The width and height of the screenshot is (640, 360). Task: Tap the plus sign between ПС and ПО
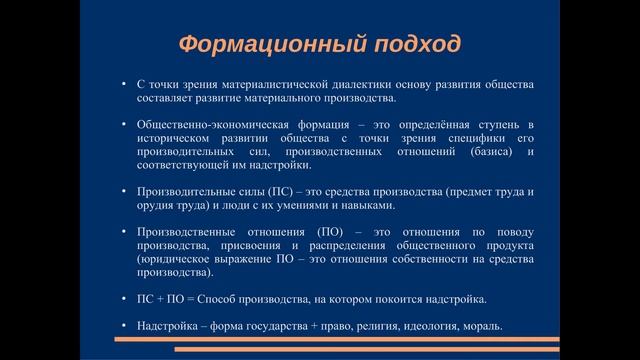point(154,298)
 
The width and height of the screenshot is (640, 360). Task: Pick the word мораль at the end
point(481,326)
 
